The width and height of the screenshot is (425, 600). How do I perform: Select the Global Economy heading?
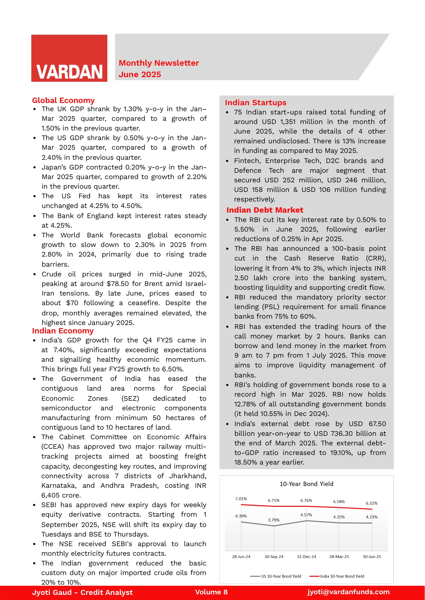pyautogui.click(x=63, y=100)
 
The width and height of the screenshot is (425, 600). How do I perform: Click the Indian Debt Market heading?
pyautogui.click(x=265, y=210)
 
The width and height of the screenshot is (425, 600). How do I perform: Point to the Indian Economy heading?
pyautogui.click(x=63, y=331)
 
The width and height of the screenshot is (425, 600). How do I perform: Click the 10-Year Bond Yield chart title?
pyautogui.click(x=306, y=484)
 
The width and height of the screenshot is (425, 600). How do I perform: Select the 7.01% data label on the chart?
pyautogui.click(x=241, y=499)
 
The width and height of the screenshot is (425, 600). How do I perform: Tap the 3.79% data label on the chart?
pyautogui.click(x=274, y=520)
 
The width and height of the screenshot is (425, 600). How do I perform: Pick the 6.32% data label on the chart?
pyautogui.click(x=371, y=503)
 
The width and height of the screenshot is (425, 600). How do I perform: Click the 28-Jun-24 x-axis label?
pyautogui.click(x=241, y=557)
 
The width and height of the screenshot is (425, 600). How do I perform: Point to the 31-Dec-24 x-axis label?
pyautogui.click(x=306, y=557)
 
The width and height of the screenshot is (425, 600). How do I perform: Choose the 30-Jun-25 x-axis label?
pyautogui.click(x=372, y=557)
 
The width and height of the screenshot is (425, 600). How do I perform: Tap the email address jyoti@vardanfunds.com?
pyautogui.click(x=348, y=592)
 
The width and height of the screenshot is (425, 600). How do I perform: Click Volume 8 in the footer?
pyautogui.click(x=211, y=592)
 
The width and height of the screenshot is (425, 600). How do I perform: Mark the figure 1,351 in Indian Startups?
pyautogui.click(x=288, y=122)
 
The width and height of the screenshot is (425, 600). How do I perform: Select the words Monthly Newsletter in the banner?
pyautogui.click(x=159, y=63)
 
